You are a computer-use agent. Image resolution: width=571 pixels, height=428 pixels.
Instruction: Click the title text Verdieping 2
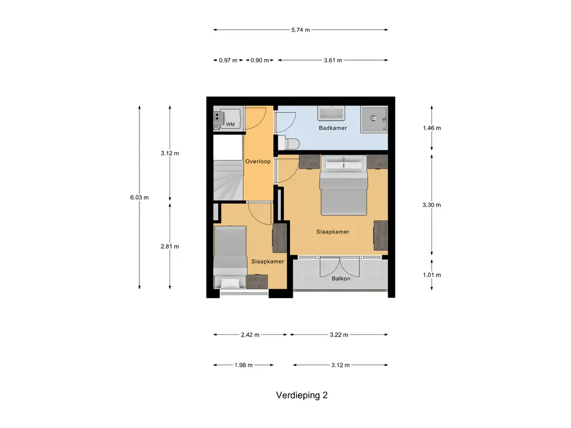point(301,395)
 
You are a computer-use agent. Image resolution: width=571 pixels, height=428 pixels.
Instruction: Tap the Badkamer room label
point(333,128)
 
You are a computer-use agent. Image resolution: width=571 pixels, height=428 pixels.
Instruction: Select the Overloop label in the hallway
point(258,162)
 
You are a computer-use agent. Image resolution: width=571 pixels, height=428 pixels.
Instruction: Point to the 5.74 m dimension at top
point(301,30)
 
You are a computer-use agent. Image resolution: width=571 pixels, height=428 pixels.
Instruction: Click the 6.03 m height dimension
point(139,197)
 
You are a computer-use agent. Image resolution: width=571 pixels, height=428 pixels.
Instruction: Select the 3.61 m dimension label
point(333,60)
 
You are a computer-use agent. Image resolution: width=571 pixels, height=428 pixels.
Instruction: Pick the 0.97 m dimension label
point(228,60)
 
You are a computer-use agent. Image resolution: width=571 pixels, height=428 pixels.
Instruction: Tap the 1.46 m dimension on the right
point(432,128)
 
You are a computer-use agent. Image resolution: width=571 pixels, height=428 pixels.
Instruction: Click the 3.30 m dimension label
point(432,205)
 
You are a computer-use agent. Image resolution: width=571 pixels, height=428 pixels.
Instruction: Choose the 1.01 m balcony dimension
point(432,275)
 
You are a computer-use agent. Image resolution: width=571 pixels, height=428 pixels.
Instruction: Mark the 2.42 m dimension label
point(250,335)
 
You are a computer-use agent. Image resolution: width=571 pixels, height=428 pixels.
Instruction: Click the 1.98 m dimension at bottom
point(244,365)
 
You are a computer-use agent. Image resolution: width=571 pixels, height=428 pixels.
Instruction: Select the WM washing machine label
point(230,124)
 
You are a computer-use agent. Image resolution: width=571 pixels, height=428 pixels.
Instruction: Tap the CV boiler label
point(217,129)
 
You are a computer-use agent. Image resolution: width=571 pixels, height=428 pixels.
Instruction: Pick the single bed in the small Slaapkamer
point(230,256)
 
